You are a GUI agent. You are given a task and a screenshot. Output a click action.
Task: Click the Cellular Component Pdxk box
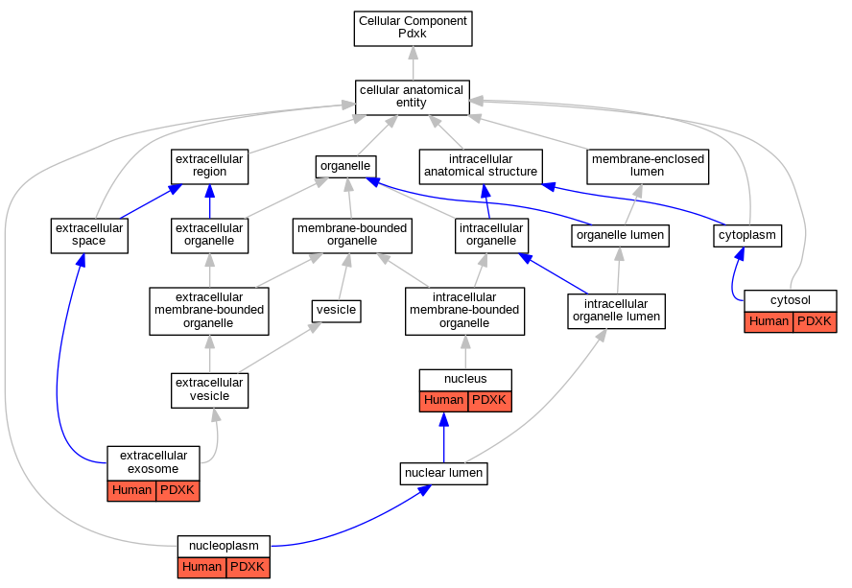coord(413,28)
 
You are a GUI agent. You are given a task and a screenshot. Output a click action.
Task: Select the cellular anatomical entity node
coord(413,98)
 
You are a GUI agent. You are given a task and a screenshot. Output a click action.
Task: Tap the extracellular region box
coord(210,167)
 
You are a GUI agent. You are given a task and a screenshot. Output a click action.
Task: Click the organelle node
coord(346,166)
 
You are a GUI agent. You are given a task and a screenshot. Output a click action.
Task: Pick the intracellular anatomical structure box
coord(481,166)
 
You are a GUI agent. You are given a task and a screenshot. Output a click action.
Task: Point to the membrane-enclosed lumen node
coord(648,166)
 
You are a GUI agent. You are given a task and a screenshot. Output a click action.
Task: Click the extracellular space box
coord(89,235)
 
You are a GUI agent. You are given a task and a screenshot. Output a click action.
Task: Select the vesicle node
coord(337,311)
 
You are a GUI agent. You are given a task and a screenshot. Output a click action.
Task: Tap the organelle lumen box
coord(620,236)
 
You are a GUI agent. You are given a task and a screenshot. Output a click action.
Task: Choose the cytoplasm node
coord(747,236)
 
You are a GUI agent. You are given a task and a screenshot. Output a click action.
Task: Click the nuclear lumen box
coord(444,473)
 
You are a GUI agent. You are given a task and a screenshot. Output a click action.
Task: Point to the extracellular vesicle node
coord(210,390)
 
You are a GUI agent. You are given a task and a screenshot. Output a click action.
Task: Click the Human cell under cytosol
coord(769,321)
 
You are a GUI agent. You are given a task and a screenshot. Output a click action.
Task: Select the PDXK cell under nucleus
coord(489,401)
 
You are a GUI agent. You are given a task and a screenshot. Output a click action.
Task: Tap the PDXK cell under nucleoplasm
coord(248,567)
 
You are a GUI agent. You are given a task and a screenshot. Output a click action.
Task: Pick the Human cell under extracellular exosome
coord(132,491)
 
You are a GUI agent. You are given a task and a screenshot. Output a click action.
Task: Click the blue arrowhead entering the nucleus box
coord(444,419)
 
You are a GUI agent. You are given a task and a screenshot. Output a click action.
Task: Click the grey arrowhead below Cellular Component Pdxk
coord(414,54)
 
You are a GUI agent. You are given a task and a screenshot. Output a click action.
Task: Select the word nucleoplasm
coord(224,546)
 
